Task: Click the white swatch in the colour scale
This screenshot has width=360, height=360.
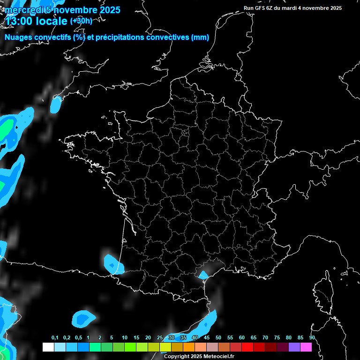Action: coord(48,347)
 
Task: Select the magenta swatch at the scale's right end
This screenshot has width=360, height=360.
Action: coord(306,347)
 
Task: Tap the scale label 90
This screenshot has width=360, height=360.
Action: coord(312,338)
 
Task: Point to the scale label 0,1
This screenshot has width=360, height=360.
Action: coord(55,338)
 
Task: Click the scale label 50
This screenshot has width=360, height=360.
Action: coord(218,338)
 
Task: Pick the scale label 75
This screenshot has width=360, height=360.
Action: coord(277,338)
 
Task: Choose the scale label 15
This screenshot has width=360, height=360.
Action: coord(136,338)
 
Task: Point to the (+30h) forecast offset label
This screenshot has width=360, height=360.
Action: coord(81,21)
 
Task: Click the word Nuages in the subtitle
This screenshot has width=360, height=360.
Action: coord(18,37)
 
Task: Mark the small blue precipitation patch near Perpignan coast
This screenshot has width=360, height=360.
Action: coord(203,275)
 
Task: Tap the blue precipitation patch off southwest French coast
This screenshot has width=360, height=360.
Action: coord(113,264)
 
